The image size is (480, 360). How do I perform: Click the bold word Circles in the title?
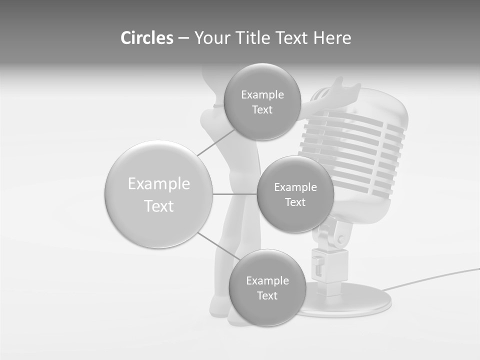pos(147,37)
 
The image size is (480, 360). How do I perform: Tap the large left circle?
pos(158,194)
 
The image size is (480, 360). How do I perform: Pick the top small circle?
pos(262,101)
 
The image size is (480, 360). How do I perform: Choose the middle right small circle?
pos(295,194)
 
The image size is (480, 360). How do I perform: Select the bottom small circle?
pos(267,287)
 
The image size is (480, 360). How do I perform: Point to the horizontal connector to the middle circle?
pos(234,194)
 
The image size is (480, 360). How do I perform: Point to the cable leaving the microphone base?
pos(430,279)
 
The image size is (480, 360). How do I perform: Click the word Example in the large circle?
pos(158,184)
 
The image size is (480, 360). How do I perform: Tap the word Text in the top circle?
pos(262,109)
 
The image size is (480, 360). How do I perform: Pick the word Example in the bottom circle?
pos(267,280)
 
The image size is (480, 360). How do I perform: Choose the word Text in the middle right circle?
pos(295,202)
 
